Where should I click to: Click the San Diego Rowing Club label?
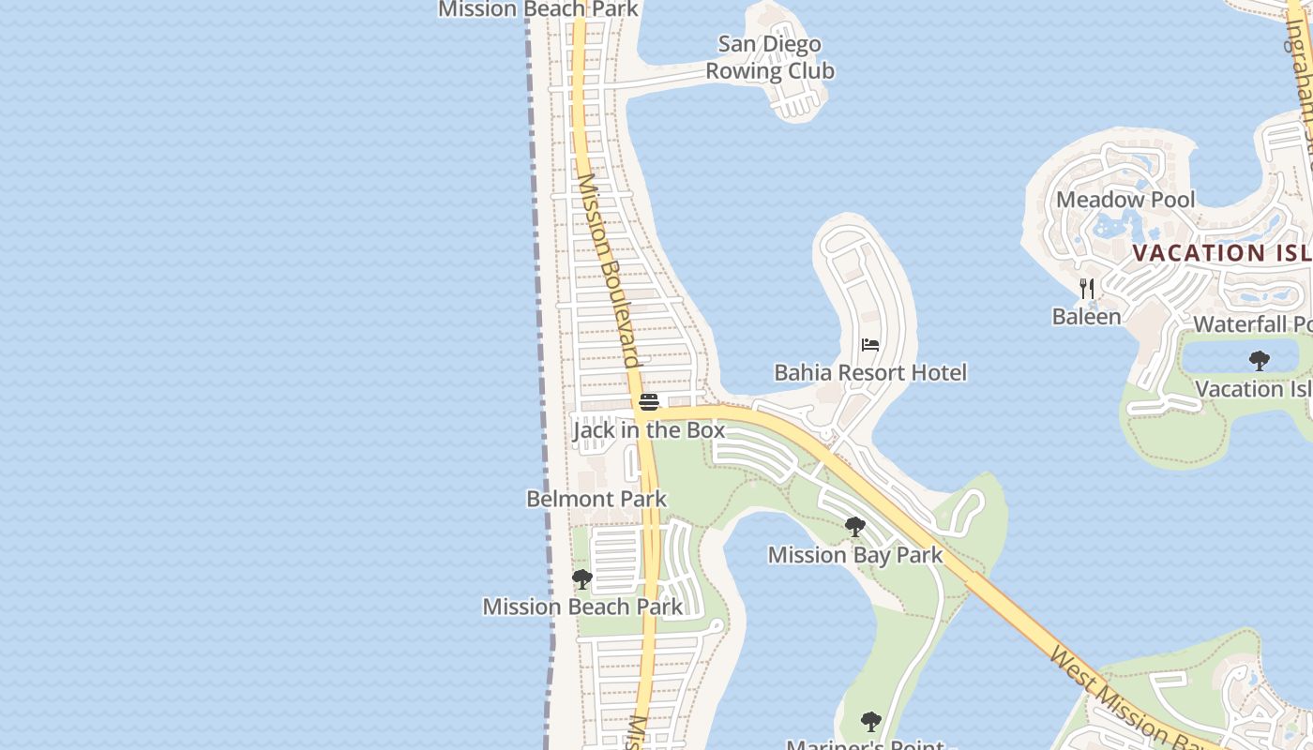[x=769, y=57]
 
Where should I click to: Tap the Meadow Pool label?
[x=1125, y=200]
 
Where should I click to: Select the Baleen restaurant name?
[x=1086, y=317]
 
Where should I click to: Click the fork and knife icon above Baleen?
[x=1087, y=288]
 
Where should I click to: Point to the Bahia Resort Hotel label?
[x=869, y=373]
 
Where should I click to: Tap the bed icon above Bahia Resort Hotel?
[x=870, y=345]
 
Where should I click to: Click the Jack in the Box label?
[x=649, y=430]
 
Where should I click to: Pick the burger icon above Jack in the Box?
[x=648, y=402]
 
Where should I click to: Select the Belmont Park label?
[x=596, y=499]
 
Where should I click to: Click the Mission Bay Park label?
[x=855, y=555]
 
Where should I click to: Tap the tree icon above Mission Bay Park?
[x=854, y=527]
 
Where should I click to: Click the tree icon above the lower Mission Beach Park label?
[x=582, y=579]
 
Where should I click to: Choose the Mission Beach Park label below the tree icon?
[x=582, y=607]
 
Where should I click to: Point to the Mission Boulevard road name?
[x=609, y=271]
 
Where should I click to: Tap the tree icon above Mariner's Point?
[x=871, y=721]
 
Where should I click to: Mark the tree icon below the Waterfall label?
[x=1260, y=360]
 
